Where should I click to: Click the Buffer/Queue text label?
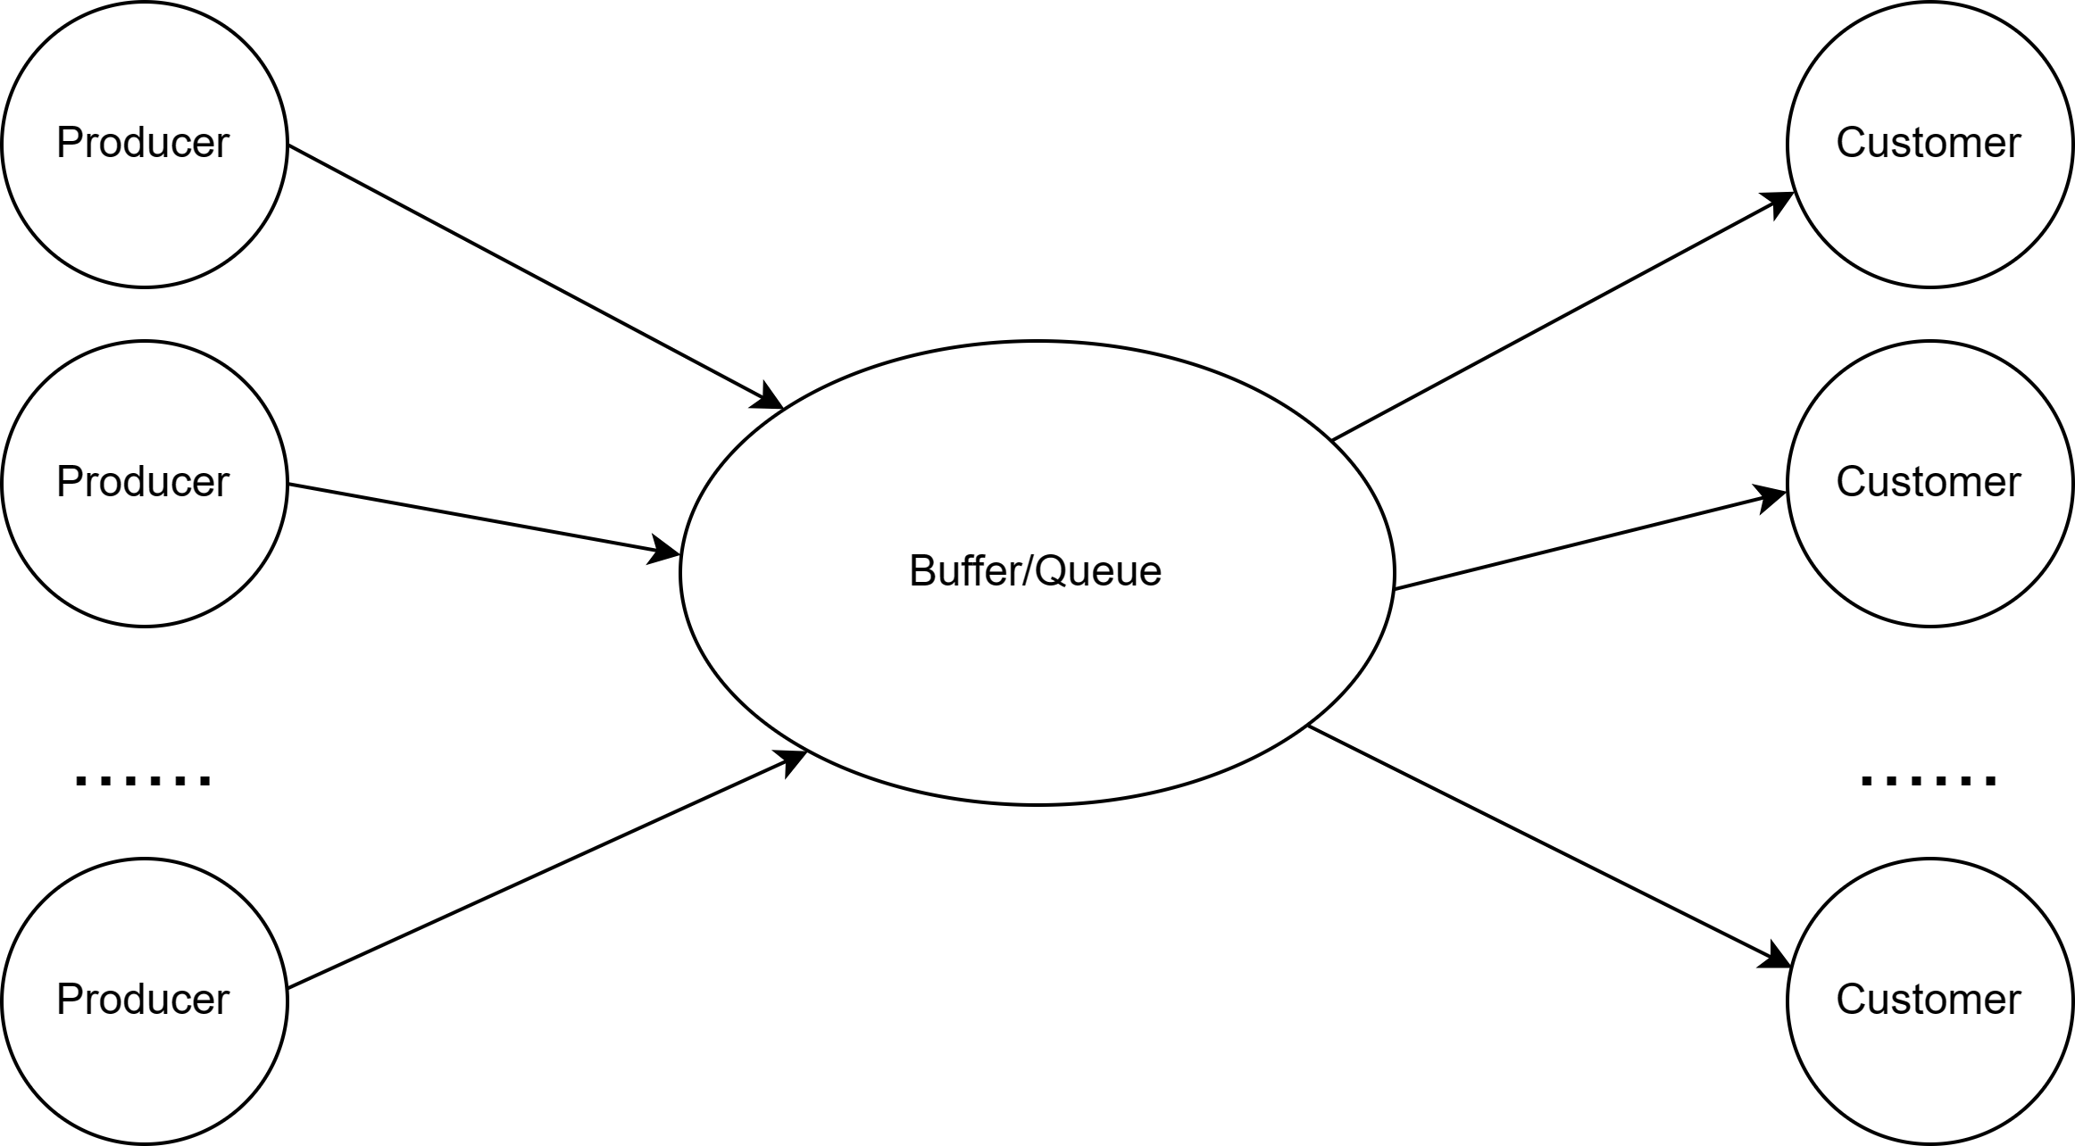(x=1036, y=571)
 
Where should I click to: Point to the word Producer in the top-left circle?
(x=143, y=143)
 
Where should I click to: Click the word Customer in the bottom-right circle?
(x=1929, y=1000)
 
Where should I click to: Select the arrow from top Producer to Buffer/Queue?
(x=536, y=277)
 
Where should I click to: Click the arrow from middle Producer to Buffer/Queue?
(x=484, y=519)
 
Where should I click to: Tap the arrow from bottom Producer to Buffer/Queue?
(x=547, y=870)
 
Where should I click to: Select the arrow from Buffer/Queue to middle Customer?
(x=1591, y=539)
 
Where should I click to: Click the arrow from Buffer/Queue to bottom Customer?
(x=1550, y=847)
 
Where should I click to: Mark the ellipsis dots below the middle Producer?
(x=144, y=779)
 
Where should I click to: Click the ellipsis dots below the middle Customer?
(x=1929, y=779)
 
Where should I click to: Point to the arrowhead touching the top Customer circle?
(x=1777, y=203)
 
